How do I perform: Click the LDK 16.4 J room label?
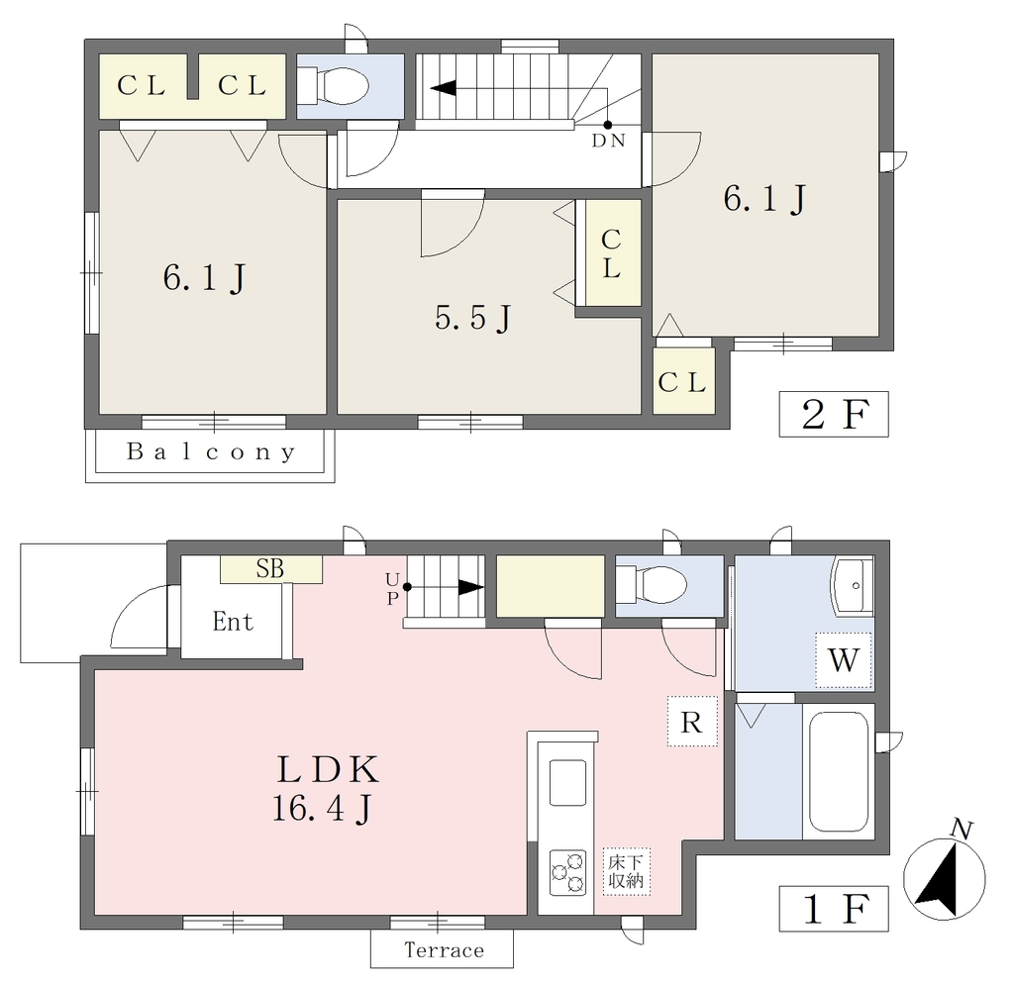325,788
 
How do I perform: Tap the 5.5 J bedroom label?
474,318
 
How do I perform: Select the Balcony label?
212,451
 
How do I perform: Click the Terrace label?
444,949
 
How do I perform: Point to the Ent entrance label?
233,622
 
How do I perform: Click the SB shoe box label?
269,568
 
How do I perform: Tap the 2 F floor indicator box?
834,414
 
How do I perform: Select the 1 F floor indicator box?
834,909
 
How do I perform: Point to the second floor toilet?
335,84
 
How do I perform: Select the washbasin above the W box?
853,585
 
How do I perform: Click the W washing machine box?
844,660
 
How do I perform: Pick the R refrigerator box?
692,721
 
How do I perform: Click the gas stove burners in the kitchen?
567,872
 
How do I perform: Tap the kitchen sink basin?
567,782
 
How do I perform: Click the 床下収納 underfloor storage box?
626,871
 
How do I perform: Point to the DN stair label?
609,141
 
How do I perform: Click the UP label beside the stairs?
392,588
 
